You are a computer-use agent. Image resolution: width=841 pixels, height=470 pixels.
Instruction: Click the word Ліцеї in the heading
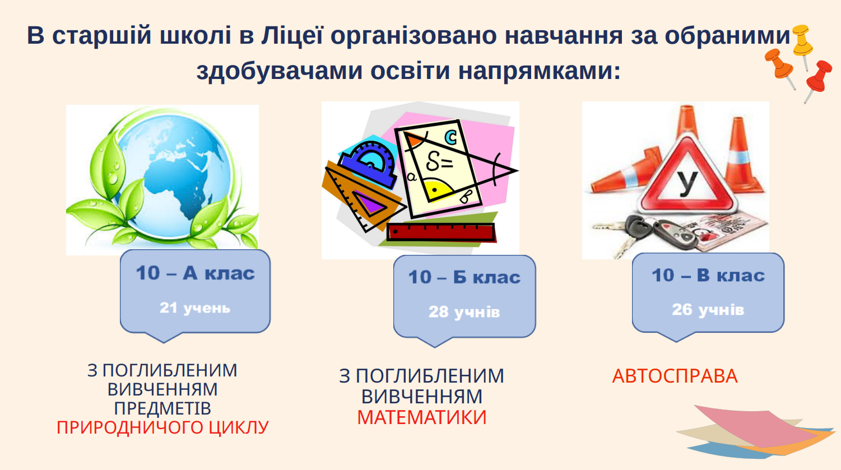292,36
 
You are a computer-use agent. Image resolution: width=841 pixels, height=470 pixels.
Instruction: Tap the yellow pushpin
803,45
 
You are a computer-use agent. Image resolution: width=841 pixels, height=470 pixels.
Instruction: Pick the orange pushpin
780,68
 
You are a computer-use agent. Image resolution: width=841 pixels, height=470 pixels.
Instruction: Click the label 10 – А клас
195,273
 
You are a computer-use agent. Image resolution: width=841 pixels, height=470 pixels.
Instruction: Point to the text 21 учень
195,308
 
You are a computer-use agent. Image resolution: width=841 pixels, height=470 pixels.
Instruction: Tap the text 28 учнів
464,312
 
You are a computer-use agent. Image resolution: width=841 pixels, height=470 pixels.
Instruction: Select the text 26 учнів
708,310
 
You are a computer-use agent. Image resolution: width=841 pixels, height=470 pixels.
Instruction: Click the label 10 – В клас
708,275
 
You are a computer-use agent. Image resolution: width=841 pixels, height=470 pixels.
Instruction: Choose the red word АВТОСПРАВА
675,376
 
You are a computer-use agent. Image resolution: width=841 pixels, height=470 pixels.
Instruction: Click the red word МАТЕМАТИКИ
422,417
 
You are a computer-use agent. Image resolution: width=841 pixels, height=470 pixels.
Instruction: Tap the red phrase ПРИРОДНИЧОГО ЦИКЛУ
162,427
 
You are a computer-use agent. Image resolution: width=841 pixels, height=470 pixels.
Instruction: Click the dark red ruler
441,232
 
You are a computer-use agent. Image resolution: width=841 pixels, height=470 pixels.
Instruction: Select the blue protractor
370,164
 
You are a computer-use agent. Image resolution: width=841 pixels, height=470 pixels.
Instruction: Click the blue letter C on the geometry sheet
450,137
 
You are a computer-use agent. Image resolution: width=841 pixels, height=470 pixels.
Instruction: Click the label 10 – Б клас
464,277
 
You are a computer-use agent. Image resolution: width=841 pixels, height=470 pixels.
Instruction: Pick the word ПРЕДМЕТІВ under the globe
162,408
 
